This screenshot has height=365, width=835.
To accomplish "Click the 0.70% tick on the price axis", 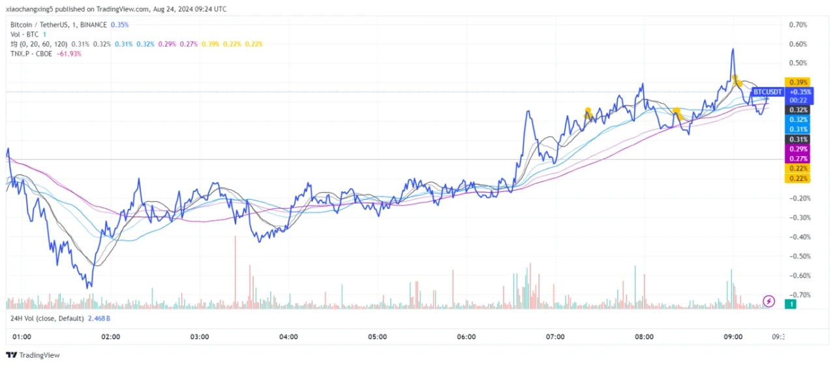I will tap(798, 25).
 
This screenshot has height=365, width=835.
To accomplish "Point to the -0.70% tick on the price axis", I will tap(798, 295).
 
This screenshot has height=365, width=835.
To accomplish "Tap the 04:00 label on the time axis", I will tap(288, 337).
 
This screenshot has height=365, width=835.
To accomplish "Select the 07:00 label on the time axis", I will tap(555, 337).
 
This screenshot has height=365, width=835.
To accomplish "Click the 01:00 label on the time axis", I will tap(22, 337).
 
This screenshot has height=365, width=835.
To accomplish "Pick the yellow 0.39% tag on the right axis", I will tap(798, 82).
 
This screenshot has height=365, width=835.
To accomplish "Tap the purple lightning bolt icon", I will tap(768, 301).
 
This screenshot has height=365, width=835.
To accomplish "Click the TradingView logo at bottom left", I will tap(33, 355).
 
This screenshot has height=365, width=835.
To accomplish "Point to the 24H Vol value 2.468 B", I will tap(99, 318).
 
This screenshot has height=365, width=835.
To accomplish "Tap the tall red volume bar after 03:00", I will tap(235, 268).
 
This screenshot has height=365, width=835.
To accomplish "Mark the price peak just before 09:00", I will tap(733, 50).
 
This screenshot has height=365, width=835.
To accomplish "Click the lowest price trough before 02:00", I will tap(89, 286).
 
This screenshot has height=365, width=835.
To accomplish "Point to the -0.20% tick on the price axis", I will tap(798, 198).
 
